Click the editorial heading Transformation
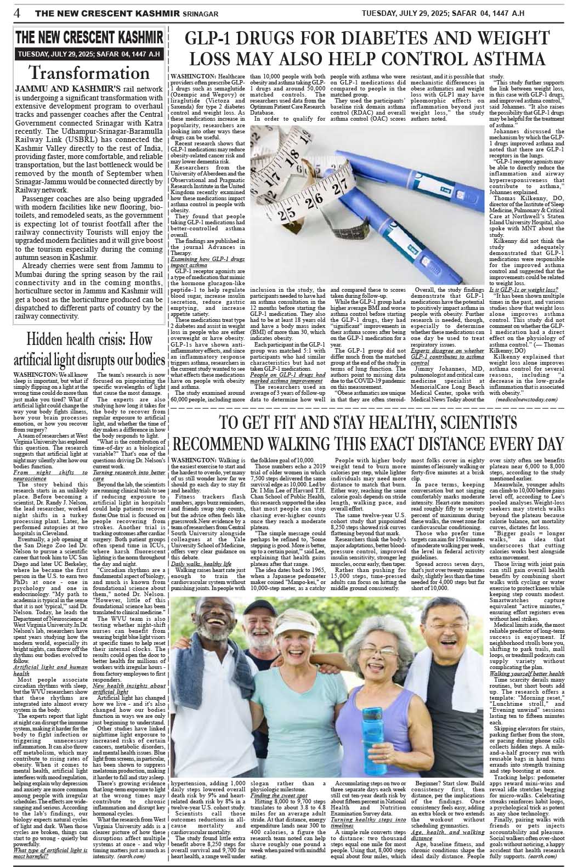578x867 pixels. (89, 73)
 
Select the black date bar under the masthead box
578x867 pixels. (89, 54)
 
